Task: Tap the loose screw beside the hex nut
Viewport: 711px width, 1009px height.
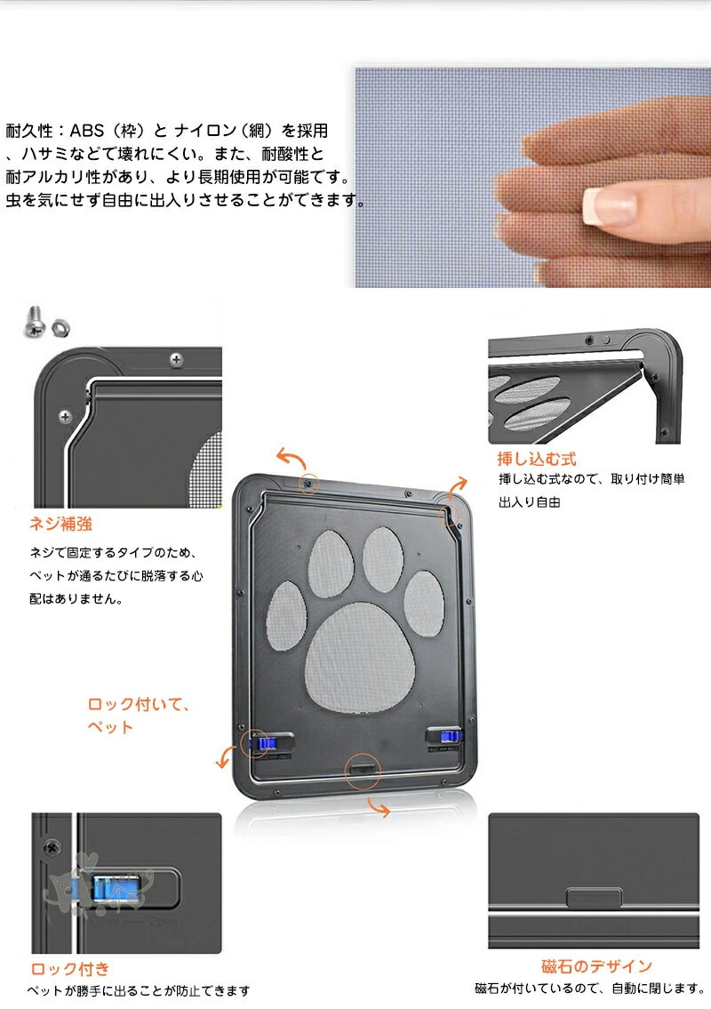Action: point(35,322)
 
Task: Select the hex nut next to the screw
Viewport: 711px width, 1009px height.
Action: point(61,327)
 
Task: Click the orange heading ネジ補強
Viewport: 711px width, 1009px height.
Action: point(60,524)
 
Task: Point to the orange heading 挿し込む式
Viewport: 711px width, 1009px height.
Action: point(537,459)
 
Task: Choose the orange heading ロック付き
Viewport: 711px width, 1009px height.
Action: point(70,969)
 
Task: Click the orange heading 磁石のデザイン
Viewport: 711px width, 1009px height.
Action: point(596,966)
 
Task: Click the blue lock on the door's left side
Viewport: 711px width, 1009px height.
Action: point(265,744)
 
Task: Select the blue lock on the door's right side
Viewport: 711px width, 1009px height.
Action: point(451,736)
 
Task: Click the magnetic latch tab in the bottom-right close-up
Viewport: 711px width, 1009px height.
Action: point(594,898)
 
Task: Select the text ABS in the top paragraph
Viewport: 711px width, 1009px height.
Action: point(87,131)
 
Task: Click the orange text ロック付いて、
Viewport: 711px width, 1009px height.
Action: point(139,704)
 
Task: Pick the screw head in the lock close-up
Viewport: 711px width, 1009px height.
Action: point(52,847)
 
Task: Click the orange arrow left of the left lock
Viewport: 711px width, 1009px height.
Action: point(225,757)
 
